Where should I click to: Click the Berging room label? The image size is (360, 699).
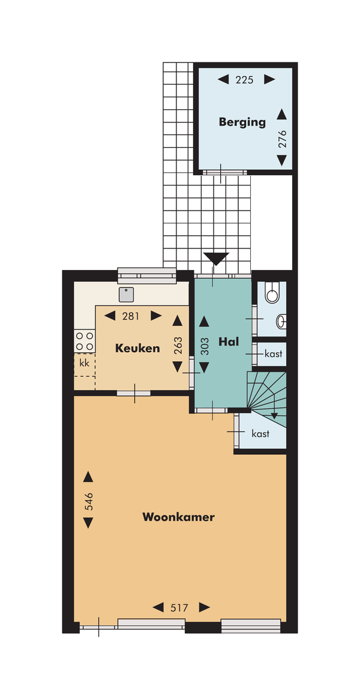tap(242, 122)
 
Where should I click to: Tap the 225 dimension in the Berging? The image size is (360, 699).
tap(245, 80)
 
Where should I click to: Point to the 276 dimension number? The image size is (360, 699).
tap(282, 139)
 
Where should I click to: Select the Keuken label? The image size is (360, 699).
tap(137, 348)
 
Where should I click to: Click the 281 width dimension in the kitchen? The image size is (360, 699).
tap(131, 316)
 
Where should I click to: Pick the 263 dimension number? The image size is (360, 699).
tap(178, 344)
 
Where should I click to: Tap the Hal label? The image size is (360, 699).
tap(229, 342)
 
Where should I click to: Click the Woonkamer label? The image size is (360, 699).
tap(178, 517)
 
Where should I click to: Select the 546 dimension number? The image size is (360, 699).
tap(89, 501)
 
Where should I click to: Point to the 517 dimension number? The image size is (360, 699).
tap(179, 607)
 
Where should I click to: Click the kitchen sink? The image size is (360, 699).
tap(127, 294)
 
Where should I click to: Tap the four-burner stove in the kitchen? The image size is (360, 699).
tap(85, 341)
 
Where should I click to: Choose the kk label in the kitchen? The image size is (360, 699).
tap(84, 364)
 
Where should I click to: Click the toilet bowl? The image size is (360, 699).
tap(272, 292)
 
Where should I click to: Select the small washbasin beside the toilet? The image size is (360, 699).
tap(281, 322)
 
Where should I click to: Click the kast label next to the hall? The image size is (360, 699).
tap(274, 354)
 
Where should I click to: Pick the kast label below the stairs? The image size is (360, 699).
tap(260, 433)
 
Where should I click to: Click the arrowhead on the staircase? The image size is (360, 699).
tap(274, 415)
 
